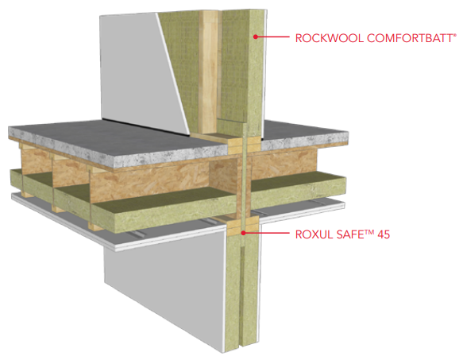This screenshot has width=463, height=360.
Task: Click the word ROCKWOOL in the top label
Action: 330,38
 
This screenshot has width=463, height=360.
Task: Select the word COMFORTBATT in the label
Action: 410,38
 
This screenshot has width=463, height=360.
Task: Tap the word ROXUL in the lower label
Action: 313,234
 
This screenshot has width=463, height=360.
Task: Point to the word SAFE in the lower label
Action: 349,234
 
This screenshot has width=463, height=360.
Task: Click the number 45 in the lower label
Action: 384,234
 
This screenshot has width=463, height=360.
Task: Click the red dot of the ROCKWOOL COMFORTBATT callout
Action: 256,37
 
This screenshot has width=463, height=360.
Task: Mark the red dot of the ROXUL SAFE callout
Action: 243,233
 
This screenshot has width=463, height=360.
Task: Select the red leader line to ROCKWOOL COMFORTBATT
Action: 272,37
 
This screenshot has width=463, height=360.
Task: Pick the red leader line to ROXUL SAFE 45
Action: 266,233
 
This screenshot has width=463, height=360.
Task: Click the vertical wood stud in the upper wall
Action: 208,72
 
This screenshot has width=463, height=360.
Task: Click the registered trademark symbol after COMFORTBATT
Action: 455,35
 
